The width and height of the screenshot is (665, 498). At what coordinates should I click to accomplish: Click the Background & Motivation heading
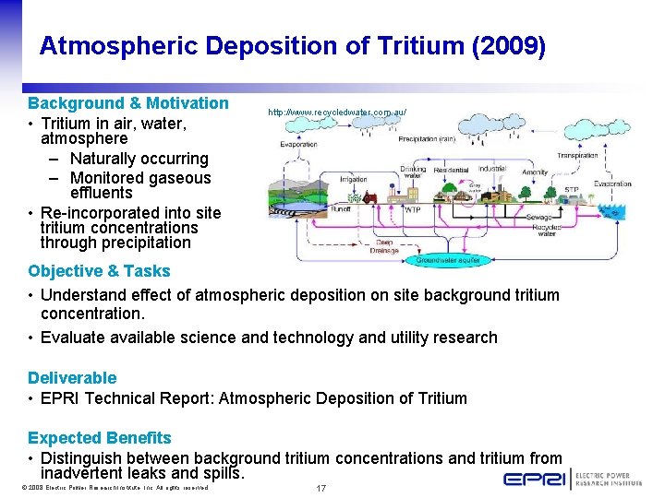pyautogui.click(x=128, y=103)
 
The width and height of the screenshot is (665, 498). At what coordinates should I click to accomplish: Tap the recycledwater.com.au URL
pyautogui.click(x=337, y=112)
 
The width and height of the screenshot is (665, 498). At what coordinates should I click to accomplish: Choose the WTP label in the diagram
pyautogui.click(x=413, y=209)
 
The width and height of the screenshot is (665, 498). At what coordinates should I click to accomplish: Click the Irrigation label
pyautogui.click(x=353, y=180)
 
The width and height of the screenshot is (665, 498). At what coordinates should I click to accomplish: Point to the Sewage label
pyautogui.click(x=538, y=217)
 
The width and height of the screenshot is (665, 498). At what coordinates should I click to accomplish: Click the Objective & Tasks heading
pyautogui.click(x=99, y=271)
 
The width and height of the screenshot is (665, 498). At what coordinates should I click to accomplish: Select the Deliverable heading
pyautogui.click(x=72, y=378)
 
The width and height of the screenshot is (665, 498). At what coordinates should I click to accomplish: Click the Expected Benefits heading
pyautogui.click(x=100, y=438)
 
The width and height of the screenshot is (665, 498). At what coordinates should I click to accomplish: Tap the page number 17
pyautogui.click(x=321, y=488)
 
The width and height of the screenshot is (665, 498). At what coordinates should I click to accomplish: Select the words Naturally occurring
pyautogui.click(x=139, y=159)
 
